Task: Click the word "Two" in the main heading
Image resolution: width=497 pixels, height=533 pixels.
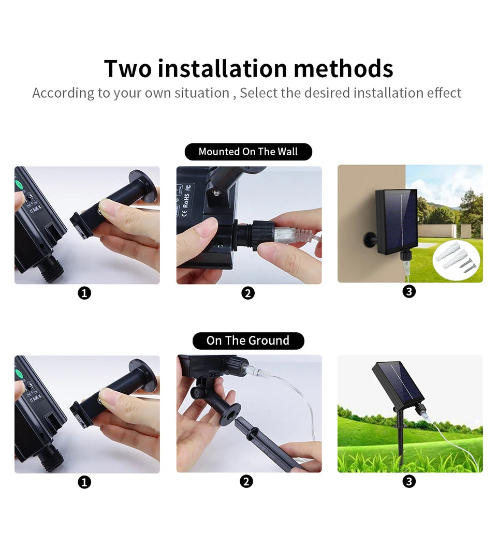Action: (127, 68)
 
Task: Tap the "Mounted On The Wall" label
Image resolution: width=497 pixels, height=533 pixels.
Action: (248, 152)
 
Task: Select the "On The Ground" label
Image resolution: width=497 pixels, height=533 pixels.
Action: (248, 340)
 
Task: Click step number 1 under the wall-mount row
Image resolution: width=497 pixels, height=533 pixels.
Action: (84, 293)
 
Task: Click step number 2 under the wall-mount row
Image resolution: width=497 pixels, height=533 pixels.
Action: (248, 293)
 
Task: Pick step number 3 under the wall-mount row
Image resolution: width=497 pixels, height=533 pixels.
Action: (409, 291)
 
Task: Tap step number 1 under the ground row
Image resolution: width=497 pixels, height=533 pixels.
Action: (84, 482)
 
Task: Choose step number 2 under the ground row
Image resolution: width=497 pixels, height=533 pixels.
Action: (246, 481)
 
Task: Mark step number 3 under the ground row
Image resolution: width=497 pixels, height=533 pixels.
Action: (409, 481)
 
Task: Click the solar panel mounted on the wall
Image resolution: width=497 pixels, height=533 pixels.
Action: (397, 221)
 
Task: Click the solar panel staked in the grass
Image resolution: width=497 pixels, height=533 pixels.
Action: (398, 383)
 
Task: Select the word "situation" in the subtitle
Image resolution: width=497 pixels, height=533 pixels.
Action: (201, 93)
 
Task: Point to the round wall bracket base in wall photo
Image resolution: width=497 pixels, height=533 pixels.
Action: (370, 240)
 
